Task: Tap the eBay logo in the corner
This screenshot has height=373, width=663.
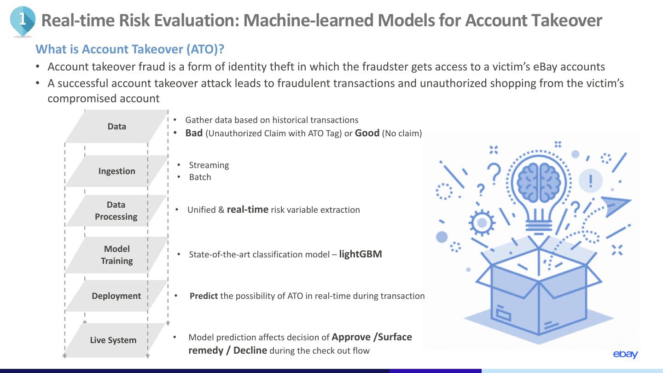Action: tap(625, 354)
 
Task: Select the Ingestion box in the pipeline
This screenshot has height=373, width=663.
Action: tap(116, 171)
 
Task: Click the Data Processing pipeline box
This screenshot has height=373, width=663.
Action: tap(116, 210)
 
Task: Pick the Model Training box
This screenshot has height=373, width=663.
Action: tap(116, 255)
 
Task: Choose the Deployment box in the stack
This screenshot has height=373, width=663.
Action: tap(116, 296)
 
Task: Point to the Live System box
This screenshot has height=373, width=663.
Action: tap(113, 340)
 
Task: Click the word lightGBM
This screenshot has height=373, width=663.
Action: tap(361, 254)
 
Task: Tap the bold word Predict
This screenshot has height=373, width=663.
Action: tap(204, 296)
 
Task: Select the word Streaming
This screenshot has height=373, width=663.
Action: tap(209, 165)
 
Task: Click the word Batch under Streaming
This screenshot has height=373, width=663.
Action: tap(200, 177)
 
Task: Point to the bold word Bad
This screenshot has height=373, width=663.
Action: tap(194, 133)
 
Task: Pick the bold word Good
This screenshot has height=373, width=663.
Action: tap(367, 133)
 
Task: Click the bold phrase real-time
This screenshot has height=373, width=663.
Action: tap(247, 210)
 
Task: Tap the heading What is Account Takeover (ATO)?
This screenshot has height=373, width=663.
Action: tap(130, 49)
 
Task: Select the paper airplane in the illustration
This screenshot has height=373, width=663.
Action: tap(616, 205)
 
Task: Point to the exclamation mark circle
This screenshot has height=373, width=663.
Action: tap(590, 181)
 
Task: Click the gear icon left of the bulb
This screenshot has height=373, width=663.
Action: tap(482, 223)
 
